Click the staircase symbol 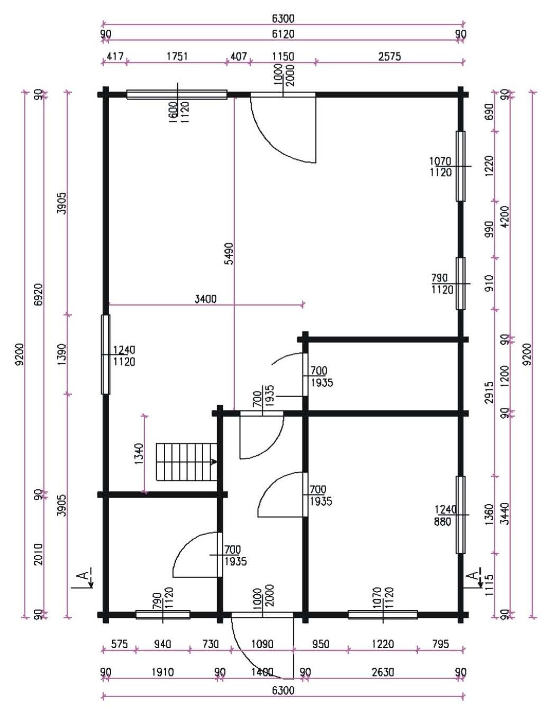pyautogui.click(x=186, y=462)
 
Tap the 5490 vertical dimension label pyautogui.click(x=230, y=253)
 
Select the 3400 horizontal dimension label pyautogui.click(x=205, y=299)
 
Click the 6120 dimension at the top pyautogui.click(x=283, y=34)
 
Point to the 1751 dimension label pyautogui.click(x=177, y=57)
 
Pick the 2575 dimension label pyautogui.click(x=389, y=57)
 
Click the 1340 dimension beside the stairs pyautogui.click(x=139, y=454)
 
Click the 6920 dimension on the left pyautogui.click(x=39, y=294)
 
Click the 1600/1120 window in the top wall pyautogui.click(x=177, y=94)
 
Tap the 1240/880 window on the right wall pyautogui.click(x=460, y=515)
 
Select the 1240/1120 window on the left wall pyautogui.click(x=105, y=355)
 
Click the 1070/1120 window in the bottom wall pyautogui.click(x=383, y=615)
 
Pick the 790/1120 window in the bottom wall pyautogui.click(x=162, y=615)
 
